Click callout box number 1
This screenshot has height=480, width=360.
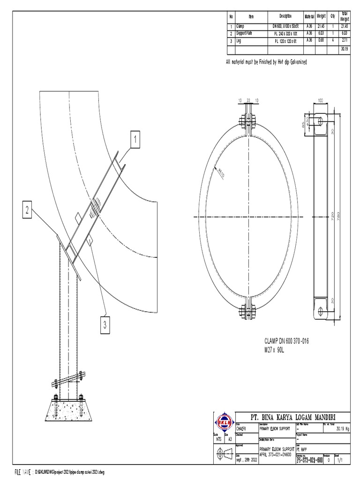(135, 139)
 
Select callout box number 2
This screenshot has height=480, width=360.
(28, 210)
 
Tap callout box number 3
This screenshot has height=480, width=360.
(106, 324)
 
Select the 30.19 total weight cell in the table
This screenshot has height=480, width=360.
(345, 48)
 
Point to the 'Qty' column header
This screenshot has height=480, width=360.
(332, 16)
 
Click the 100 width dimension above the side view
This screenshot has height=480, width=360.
(321, 100)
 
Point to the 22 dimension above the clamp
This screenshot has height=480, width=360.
(248, 100)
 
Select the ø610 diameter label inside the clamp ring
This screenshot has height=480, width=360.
(219, 173)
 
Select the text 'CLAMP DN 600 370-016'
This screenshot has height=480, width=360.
(287, 342)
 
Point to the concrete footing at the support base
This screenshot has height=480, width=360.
(67, 411)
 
